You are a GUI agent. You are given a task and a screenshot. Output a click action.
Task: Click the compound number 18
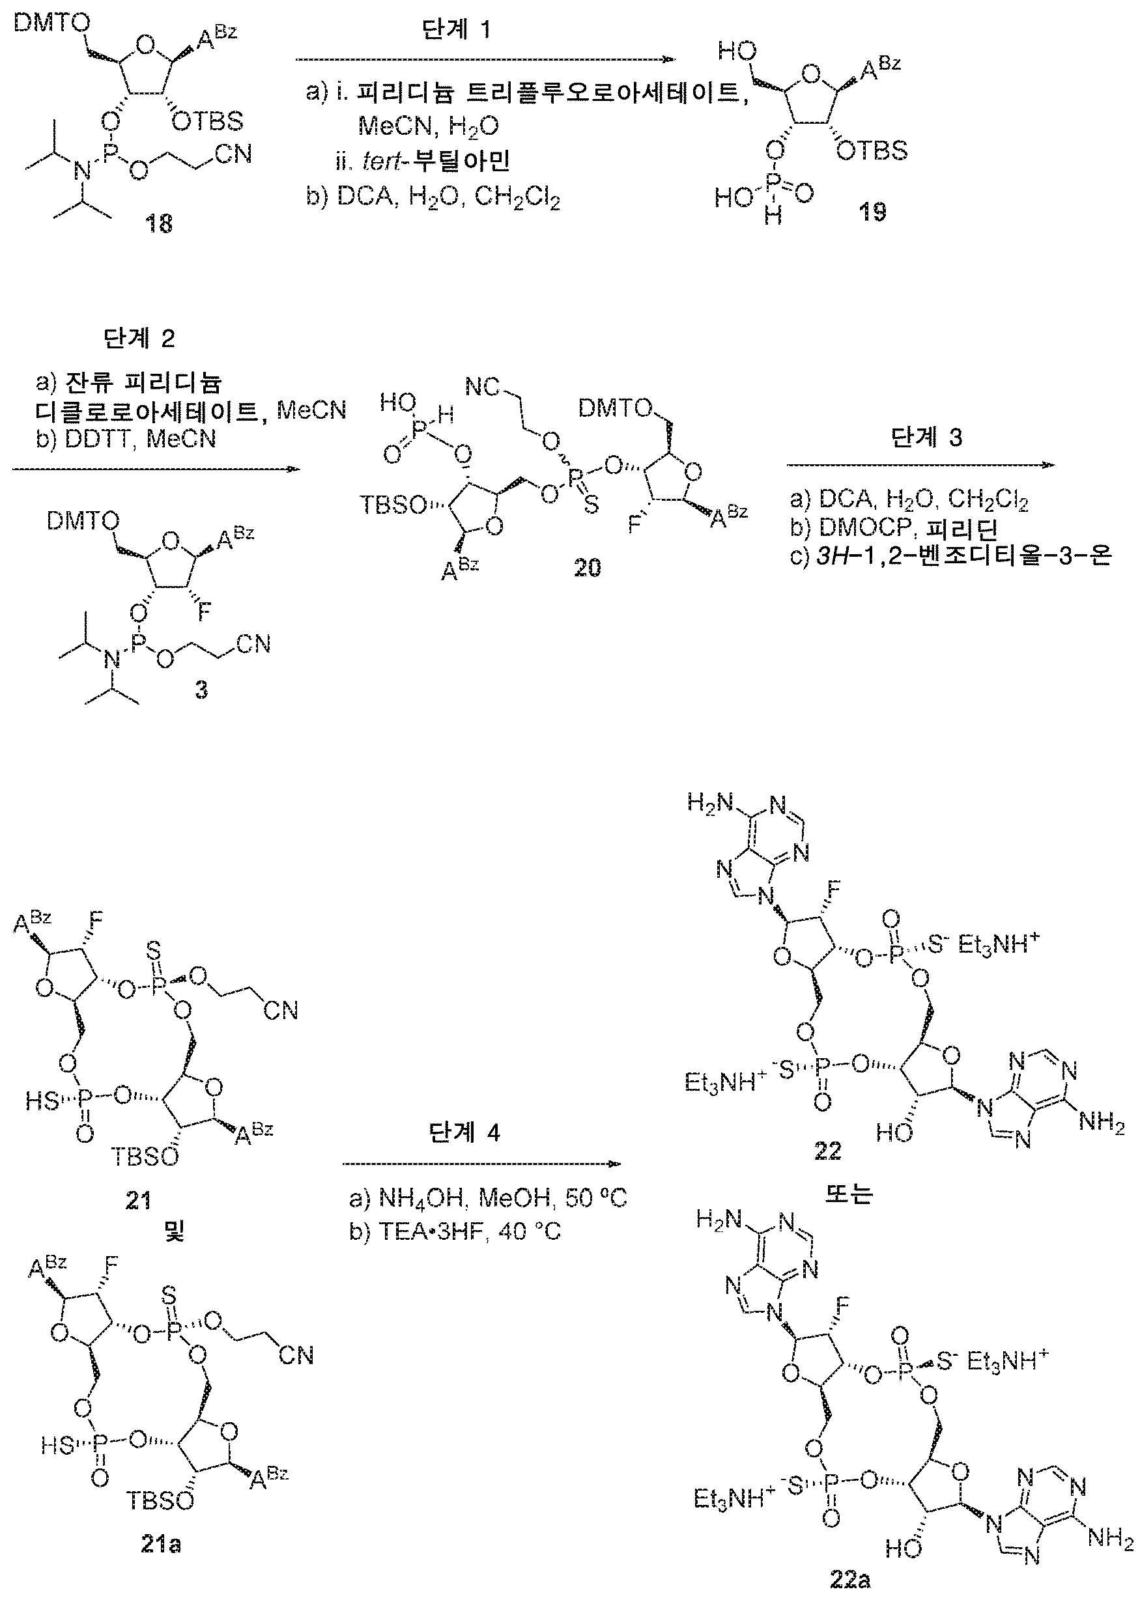(159, 224)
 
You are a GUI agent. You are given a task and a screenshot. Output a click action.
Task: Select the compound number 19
(872, 211)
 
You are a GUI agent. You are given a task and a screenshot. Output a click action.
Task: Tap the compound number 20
(588, 567)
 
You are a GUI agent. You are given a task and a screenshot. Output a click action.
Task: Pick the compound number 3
(201, 690)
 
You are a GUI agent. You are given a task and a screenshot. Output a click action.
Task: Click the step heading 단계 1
(455, 30)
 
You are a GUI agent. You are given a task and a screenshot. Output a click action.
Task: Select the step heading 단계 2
(139, 339)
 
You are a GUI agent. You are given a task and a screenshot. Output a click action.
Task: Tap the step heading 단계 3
(926, 438)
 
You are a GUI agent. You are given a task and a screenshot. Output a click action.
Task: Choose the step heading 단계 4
(464, 1133)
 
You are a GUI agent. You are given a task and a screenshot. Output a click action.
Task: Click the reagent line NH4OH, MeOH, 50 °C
(488, 1198)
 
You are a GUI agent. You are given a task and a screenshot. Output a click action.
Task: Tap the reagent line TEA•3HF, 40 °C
(455, 1231)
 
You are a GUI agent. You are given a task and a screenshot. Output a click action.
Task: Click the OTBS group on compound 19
(872, 151)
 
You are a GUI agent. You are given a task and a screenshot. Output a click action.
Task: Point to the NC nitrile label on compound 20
(482, 387)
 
